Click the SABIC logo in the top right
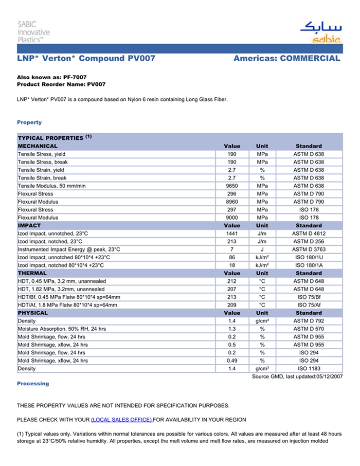tap(320, 32)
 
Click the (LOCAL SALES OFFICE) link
tap(121, 420)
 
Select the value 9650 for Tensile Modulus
tap(231, 186)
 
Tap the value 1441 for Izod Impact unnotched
tap(231, 234)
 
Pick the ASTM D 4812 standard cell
tap(309, 234)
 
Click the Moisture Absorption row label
tap(62, 329)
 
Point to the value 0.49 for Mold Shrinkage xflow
tap(231, 361)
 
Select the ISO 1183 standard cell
tap(309, 369)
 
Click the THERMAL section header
tap(32, 273)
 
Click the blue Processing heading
tap(33, 384)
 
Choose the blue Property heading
tap(29, 122)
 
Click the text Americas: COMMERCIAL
tap(286, 59)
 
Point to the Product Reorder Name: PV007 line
tap(61, 84)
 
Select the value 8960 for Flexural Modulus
tap(231, 202)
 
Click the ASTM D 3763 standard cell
tap(309, 249)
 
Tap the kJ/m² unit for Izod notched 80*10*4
tap(262, 265)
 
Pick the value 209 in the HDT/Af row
tap(231, 305)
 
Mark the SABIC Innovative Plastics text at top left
tap(34, 31)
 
